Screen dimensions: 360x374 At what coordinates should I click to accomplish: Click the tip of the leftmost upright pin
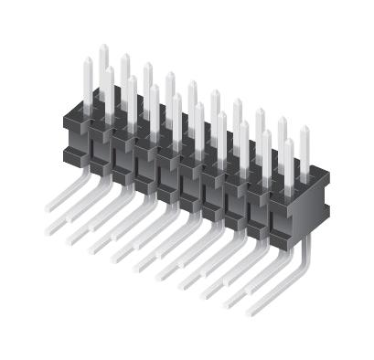click(x=88, y=59)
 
